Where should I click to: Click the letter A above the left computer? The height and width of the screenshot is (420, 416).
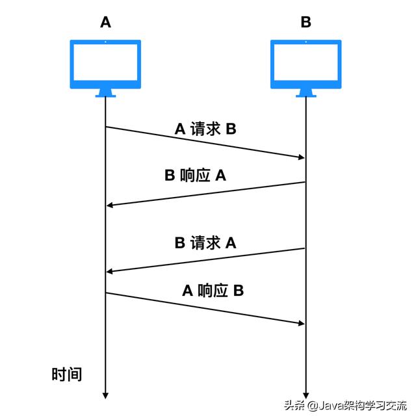[x=106, y=22]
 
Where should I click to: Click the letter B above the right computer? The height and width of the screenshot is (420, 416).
[x=305, y=22]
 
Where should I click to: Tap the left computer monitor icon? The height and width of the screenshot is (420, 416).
[x=106, y=64]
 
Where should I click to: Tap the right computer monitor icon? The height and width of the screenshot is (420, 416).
[x=305, y=64]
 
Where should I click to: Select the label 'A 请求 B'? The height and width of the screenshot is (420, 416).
[x=205, y=129]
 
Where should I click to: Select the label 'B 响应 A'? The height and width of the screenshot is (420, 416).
[x=195, y=176]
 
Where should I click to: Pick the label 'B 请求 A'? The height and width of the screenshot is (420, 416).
[x=205, y=243]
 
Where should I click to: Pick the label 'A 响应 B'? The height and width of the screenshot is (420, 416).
[x=213, y=291]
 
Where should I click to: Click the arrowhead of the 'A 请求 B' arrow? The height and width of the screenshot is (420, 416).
[x=301, y=157]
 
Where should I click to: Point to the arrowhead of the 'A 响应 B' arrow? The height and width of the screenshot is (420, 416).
[x=301, y=323]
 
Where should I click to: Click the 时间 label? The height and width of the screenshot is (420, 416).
[x=67, y=374]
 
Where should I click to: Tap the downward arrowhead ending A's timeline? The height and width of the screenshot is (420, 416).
[x=105, y=395]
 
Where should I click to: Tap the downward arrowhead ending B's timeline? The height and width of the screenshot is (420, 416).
[x=305, y=395]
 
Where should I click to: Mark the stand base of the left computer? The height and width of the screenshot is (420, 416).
[x=106, y=95]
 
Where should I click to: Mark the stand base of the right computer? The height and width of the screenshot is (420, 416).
[x=305, y=95]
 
